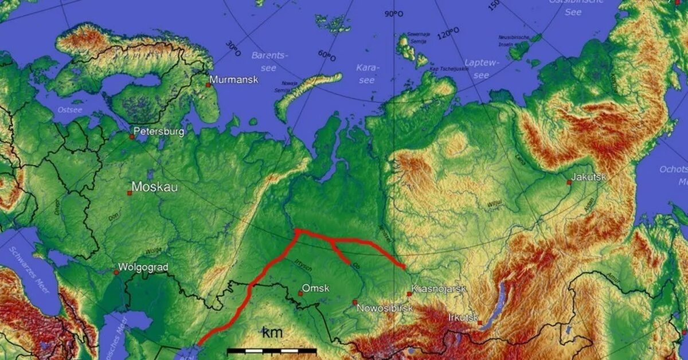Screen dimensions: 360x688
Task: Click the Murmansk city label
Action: tap(234, 80)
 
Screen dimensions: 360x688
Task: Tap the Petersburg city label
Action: tap(159, 132)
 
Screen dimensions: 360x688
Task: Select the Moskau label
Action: tap(154, 187)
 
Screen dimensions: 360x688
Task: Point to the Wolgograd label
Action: tap(143, 267)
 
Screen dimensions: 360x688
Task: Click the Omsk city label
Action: tap(315, 288)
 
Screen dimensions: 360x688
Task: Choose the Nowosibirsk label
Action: tap(385, 308)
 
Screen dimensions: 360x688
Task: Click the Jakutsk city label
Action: tap(588, 177)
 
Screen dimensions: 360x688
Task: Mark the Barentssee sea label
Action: tap(268, 61)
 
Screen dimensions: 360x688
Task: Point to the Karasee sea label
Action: tap(367, 73)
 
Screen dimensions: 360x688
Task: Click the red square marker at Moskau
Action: tap(130, 193)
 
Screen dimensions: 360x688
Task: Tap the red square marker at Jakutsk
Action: tap(569, 182)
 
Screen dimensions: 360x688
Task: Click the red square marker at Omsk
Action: tap(300, 294)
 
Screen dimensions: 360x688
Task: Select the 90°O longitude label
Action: tap(394, 14)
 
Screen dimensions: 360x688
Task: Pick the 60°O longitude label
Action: tap(327, 56)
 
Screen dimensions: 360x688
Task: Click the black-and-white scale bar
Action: tap(272, 350)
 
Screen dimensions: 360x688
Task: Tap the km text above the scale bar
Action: tap(272, 333)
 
